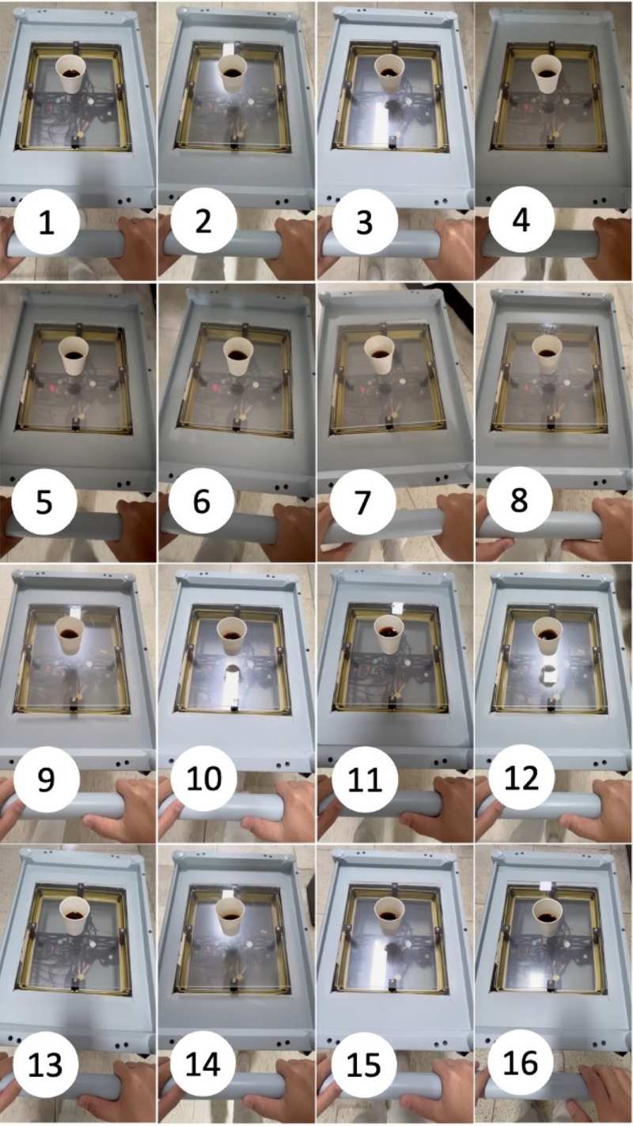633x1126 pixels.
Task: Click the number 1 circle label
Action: point(46,222)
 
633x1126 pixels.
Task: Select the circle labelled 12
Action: point(522,779)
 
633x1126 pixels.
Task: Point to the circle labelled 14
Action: point(203,1063)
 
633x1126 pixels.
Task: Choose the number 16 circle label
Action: point(521,1063)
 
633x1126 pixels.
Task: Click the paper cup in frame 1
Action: point(72,74)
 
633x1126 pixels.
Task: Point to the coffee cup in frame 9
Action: point(70,635)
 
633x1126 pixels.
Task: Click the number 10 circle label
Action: point(203,779)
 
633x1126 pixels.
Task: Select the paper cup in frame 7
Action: point(381,354)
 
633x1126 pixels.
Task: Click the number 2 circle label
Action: point(203,222)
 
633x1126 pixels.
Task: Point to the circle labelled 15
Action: point(363,1063)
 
